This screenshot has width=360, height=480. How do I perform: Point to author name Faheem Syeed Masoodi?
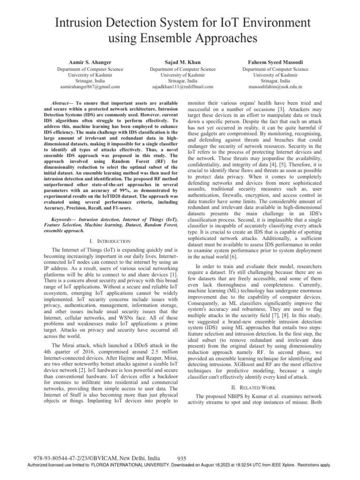[275, 61]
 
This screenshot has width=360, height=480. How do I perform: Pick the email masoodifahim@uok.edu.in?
[275, 87]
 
